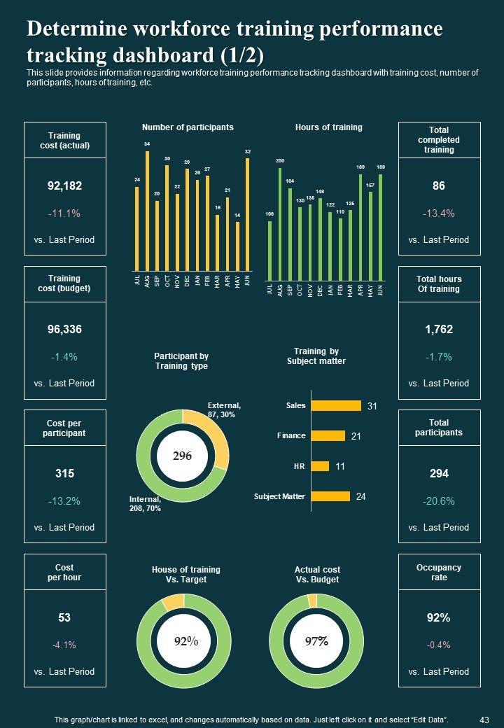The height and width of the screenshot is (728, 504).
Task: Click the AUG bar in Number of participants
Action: coord(147,210)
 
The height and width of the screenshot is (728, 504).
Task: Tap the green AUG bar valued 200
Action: coord(280,219)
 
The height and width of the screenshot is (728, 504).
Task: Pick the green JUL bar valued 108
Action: coord(270,246)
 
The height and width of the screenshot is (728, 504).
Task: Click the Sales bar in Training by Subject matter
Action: coord(335,405)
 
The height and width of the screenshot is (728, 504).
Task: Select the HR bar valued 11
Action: coord(320,465)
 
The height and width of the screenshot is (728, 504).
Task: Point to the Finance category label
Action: coord(291,435)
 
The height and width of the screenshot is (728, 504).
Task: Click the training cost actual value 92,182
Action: coord(64,185)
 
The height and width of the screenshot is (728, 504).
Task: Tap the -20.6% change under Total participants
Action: coord(439,500)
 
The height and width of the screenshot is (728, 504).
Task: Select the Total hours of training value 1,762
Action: coord(439,329)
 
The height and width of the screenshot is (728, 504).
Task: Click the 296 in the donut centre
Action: coord(182,456)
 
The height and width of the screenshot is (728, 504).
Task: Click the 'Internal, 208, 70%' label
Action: coord(145,504)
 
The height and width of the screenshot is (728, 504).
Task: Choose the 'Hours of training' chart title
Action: coord(328,127)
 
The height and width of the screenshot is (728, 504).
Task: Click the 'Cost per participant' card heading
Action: coord(65,428)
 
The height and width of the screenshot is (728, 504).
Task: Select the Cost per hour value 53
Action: coord(64,617)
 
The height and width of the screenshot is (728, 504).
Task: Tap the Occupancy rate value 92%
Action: coord(438,617)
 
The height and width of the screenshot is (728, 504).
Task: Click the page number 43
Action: coord(484,719)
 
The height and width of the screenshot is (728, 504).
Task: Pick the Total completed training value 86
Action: coord(439,185)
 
